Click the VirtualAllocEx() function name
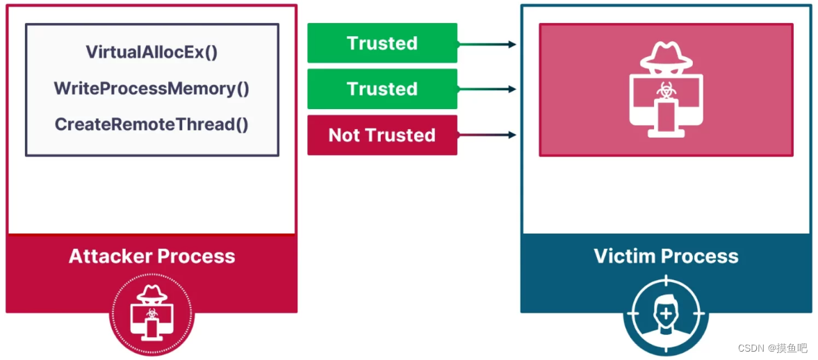coord(152,52)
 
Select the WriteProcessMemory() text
coord(152,88)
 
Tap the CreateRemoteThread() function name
coord(152,124)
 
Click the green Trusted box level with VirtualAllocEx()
coord(382,43)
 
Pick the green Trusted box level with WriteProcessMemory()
coord(382,89)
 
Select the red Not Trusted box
coord(382,135)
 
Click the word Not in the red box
coord(343,135)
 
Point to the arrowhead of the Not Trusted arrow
coord(512,135)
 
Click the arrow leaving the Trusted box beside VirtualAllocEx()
coord(486,44)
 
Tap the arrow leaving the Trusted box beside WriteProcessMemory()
coord(486,89)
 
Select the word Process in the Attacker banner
coord(200,256)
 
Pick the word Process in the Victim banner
coord(703,256)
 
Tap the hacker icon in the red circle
coord(152,313)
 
